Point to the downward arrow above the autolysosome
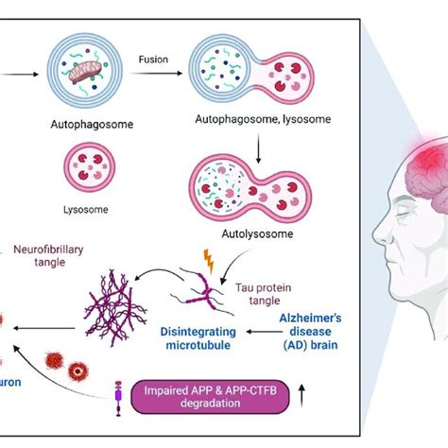pyautogui.click(x=258, y=136)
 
